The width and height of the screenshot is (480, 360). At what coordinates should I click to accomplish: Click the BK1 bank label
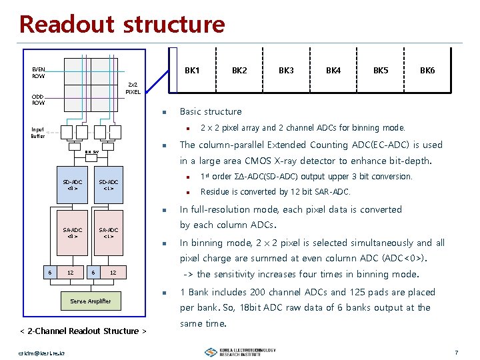coord(192,70)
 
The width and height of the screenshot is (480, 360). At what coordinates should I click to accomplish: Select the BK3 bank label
coord(286,70)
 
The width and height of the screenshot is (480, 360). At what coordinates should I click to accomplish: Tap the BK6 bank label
coord(427,70)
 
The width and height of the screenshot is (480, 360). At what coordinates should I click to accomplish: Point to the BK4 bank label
coord(333,70)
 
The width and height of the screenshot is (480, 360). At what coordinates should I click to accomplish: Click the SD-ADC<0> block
coord(73,185)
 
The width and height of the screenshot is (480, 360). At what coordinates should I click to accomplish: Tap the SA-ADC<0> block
coord(73,234)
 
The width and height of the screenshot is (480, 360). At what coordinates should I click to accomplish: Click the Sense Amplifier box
coord(90,301)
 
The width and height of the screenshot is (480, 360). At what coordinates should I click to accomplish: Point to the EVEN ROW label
coord(39,72)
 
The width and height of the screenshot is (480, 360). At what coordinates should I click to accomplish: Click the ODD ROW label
coord(39,99)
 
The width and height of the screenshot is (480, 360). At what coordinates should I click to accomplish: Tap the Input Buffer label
coord(39,133)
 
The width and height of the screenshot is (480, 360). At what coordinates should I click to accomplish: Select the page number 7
coord(456,351)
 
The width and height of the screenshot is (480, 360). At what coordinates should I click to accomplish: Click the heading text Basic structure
coord(211,111)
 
